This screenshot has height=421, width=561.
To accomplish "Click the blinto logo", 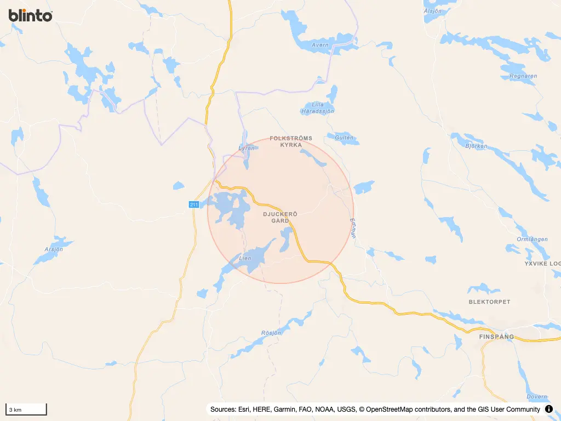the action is [31, 15].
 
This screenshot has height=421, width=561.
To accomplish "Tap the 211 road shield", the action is [194, 204].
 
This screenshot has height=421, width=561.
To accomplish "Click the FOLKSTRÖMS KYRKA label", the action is [291, 142].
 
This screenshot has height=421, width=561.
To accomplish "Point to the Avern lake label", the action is [319, 45].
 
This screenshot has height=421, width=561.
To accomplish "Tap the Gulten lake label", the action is [344, 138].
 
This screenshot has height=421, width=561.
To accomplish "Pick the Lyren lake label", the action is [247, 148].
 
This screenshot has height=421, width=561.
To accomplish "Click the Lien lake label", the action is [245, 258].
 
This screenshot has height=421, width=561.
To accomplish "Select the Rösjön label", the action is [271, 333].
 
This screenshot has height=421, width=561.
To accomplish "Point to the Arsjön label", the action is [54, 249].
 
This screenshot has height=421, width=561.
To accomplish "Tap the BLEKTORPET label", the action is [489, 302].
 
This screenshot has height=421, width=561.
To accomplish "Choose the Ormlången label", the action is [532, 239].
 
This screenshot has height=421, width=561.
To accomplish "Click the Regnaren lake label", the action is [523, 76].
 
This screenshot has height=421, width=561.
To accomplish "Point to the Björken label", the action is [476, 146].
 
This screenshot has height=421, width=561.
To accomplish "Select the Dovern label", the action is [536, 396].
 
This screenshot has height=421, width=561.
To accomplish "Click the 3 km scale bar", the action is [26, 409].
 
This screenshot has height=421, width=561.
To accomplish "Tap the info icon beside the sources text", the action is [549, 409].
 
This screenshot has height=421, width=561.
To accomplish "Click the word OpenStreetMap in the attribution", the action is [392, 409].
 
